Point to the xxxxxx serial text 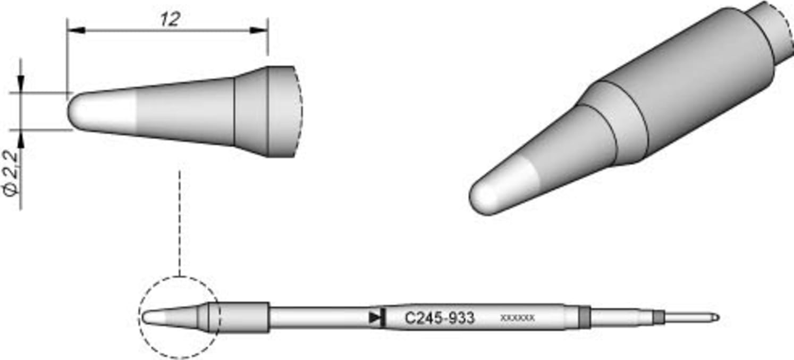click(517, 319)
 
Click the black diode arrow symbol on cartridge click(376, 318)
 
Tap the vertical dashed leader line click(180, 223)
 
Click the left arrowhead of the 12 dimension click(75, 30)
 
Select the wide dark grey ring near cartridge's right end click(584, 317)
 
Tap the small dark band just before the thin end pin click(660, 317)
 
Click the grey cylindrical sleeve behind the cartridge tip click(243, 317)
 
